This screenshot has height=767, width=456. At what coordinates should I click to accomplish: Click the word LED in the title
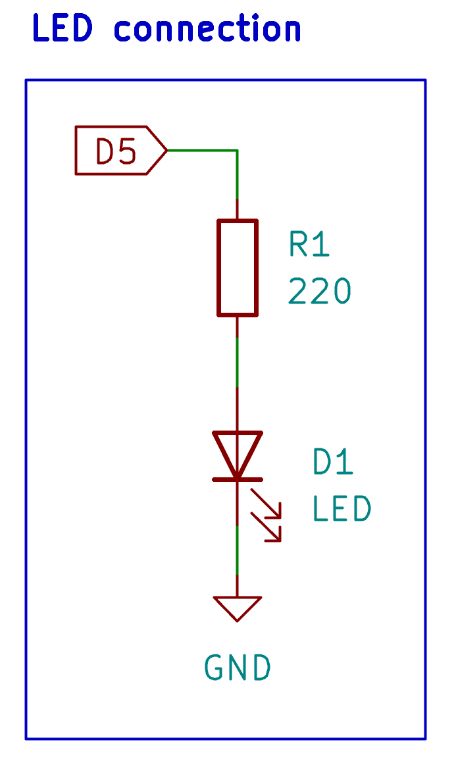tap(63, 28)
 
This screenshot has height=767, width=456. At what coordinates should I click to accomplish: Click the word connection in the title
tap(207, 28)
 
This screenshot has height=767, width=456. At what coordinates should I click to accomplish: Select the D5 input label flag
tap(121, 150)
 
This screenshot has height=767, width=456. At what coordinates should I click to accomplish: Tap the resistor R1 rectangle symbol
tap(238, 267)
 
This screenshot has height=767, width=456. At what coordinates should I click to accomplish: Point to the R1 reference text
tap(309, 244)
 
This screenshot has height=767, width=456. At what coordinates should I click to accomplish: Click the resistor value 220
tap(320, 291)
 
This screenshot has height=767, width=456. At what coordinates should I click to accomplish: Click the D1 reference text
tap(333, 462)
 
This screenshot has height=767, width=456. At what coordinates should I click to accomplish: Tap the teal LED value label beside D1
tap(342, 509)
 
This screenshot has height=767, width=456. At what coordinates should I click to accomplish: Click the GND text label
tap(238, 668)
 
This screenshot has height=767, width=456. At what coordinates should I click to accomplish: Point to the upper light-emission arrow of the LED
tap(266, 504)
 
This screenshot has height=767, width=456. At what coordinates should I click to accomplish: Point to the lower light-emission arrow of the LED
tap(266, 527)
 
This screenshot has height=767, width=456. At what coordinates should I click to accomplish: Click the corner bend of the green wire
tap(238, 150)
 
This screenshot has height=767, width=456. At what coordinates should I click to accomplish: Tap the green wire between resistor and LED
tap(238, 362)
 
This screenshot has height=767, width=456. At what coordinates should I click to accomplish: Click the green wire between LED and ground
tap(238, 550)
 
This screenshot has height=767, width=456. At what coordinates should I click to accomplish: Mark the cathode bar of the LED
tap(238, 479)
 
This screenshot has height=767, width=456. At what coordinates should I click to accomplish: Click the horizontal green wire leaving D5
tap(203, 150)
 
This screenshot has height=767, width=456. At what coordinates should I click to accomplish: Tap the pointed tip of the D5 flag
tap(168, 150)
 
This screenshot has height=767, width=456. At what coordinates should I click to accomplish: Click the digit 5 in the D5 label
tap(128, 151)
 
